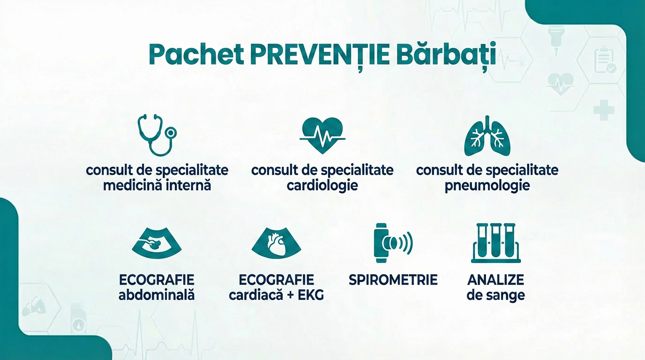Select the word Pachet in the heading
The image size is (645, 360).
point(196,55)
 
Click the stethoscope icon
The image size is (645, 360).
point(157,135)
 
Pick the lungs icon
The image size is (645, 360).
point(487,136)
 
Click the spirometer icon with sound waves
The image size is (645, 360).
point(393,243)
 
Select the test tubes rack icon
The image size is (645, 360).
point(495,243)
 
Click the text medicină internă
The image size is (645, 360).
point(157,186)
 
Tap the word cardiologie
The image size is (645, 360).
point(322,186)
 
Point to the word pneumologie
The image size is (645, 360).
point(487,186)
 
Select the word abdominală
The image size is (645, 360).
point(157,295)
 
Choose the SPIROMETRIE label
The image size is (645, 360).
point(393,280)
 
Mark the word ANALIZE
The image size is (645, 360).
point(495,280)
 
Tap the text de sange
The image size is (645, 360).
point(495,295)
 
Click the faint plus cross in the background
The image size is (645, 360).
point(603,111)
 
